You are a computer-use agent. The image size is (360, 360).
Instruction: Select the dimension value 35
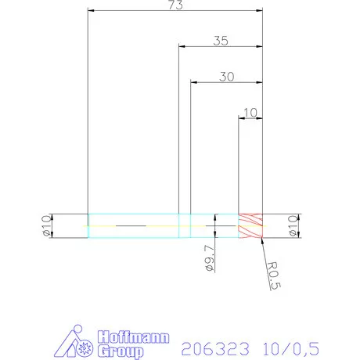pyautogui.click(x=220, y=42)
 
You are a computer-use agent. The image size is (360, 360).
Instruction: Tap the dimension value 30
pyautogui.click(x=227, y=77)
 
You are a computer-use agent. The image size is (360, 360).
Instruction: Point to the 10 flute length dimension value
pyautogui.click(x=250, y=112)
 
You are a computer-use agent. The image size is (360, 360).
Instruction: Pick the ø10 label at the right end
pyautogui.click(x=293, y=225)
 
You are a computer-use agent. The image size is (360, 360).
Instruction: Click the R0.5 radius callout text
pyautogui.click(x=271, y=275)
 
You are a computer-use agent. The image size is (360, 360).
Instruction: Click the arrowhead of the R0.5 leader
pyautogui.click(x=258, y=240)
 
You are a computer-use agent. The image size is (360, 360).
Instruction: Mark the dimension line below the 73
pyautogui.click(x=174, y=12)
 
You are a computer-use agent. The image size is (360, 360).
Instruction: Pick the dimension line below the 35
pyautogui.click(x=220, y=48)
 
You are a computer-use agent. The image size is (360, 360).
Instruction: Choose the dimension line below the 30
pyautogui.click(x=227, y=83)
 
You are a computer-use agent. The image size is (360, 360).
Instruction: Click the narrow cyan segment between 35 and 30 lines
pyautogui.click(x=185, y=225)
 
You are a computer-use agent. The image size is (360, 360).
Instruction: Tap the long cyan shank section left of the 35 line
pyautogui.click(x=133, y=225)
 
